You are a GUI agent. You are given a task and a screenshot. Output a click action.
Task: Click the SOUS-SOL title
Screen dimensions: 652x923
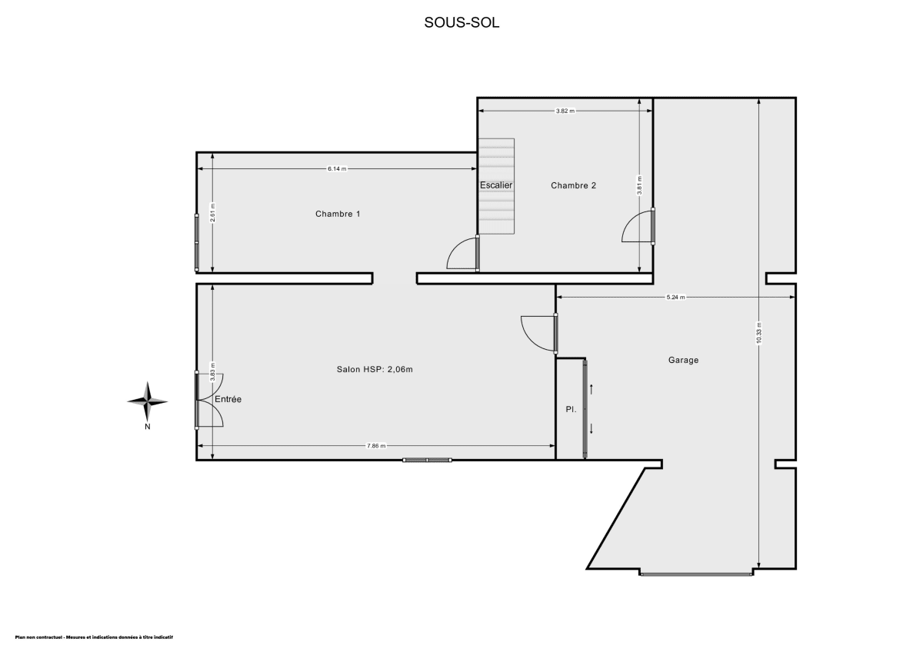pos(461,22)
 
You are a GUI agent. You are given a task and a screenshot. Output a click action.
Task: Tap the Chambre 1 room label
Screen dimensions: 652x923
pos(338,214)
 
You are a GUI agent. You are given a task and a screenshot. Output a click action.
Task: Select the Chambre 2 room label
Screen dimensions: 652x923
pos(573,185)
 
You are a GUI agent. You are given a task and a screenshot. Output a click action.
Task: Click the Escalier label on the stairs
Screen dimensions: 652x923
pos(496,185)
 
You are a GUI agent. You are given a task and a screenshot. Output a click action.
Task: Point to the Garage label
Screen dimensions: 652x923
pos(683,360)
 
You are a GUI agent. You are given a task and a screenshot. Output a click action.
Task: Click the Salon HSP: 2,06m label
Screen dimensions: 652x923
pos(375,370)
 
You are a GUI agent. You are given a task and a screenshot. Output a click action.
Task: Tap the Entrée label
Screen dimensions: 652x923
pos(228,400)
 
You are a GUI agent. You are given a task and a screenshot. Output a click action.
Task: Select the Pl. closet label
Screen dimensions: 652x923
pos(571,410)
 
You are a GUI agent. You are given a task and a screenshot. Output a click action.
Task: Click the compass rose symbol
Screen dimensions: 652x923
pos(147,400)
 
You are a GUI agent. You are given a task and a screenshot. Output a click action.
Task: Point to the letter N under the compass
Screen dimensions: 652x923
pos(147,427)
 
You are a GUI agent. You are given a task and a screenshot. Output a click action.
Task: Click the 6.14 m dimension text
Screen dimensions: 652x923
pos(337,168)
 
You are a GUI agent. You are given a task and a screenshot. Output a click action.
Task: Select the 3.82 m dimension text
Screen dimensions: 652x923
pos(565,111)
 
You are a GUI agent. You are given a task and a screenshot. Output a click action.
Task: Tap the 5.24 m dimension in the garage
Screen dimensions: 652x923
pos(675,297)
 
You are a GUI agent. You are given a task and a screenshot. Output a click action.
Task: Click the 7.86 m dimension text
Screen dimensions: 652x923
pos(376,446)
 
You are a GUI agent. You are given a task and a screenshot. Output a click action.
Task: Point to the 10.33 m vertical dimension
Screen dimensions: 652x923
pos(758,332)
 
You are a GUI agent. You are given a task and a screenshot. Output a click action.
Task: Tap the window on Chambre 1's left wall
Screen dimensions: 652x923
pos(197,242)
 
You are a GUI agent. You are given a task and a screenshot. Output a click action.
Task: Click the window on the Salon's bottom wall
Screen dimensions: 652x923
pos(427,460)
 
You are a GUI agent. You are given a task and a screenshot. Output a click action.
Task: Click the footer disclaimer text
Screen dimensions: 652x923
pos(94,637)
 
